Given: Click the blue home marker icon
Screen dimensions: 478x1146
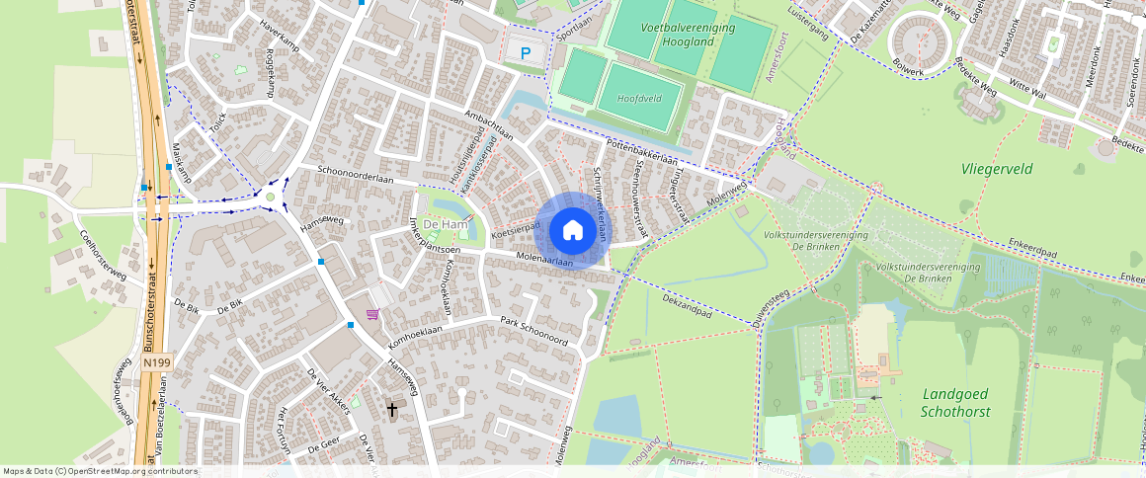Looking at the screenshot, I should tap(572, 231).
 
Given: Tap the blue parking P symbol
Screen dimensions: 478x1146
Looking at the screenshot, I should tap(526, 53).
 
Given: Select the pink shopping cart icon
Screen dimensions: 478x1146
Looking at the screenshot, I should tap(372, 314).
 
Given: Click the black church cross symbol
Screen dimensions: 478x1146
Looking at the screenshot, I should tap(392, 408).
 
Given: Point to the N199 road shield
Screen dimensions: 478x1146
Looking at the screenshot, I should tap(155, 362).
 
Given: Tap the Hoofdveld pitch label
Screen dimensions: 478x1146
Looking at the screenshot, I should tap(638, 99).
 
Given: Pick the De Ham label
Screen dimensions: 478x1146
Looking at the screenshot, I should tap(445, 225).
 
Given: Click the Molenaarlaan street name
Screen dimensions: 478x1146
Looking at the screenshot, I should tap(544, 262).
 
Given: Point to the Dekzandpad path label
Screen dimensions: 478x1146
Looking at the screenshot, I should tap(687, 303).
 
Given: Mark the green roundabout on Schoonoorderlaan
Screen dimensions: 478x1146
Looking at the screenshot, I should tap(270, 197).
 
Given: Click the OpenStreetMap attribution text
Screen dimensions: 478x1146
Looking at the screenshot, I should tap(99, 471).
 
